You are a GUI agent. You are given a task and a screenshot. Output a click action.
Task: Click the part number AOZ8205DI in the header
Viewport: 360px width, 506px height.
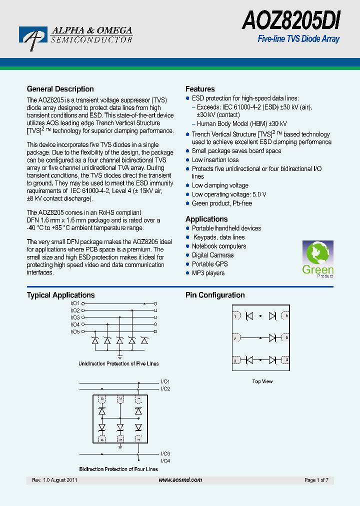point(291,21)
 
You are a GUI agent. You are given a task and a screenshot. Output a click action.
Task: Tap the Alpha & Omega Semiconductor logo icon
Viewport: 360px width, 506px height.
point(31,38)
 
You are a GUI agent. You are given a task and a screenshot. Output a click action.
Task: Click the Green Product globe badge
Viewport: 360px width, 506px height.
point(317,259)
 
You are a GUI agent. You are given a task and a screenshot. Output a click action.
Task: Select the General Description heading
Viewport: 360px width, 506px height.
point(60,89)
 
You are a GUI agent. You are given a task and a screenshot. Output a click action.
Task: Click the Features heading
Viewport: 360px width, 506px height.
point(200,89)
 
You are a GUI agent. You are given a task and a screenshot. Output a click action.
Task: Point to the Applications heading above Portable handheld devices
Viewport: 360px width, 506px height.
point(206,219)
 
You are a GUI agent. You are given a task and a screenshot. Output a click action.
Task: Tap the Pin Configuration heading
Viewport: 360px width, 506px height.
point(215,295)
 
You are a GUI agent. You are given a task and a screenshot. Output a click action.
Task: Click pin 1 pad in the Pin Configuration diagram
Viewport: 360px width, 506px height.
point(235,316)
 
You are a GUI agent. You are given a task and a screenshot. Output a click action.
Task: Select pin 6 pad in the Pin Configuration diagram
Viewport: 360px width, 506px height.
point(285,316)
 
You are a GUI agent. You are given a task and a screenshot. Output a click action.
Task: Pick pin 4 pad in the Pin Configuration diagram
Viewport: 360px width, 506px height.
point(285,359)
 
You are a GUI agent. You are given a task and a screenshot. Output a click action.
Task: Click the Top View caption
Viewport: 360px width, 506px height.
point(262,381)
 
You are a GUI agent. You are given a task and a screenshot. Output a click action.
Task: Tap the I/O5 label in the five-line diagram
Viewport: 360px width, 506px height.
point(75,331)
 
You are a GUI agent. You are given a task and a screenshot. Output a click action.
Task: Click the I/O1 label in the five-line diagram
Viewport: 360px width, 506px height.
point(75,303)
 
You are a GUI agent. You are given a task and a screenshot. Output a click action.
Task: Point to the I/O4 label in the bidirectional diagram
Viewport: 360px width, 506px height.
point(165,460)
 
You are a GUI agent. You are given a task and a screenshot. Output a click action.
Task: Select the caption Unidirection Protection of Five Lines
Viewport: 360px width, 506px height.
point(118,363)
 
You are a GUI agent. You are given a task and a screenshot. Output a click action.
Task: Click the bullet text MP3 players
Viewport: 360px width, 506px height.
point(208,273)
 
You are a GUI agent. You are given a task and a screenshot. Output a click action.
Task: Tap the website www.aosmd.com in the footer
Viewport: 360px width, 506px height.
point(180,480)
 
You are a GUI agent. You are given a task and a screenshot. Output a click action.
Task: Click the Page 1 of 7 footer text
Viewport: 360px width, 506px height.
point(316,480)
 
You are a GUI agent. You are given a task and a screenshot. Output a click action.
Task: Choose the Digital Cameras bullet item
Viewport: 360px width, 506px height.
point(212,255)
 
